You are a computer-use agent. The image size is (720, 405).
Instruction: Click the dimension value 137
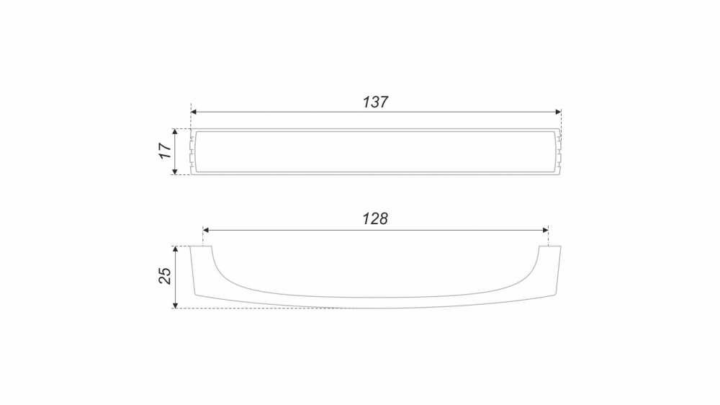pyautogui.click(x=376, y=102)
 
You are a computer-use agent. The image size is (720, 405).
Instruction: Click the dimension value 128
pyautogui.click(x=376, y=218)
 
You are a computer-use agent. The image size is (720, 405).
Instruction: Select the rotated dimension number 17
pyautogui.click(x=165, y=151)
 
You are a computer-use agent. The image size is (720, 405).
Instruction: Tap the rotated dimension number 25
pyautogui.click(x=165, y=276)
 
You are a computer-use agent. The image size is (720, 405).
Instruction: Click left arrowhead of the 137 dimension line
pyautogui.click(x=193, y=112)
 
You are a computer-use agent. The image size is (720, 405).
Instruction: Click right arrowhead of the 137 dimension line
pyautogui.click(x=559, y=112)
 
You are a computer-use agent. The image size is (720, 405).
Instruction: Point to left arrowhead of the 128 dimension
pyautogui.click(x=206, y=230)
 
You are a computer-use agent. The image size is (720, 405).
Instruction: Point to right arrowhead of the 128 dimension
pyautogui.click(x=546, y=230)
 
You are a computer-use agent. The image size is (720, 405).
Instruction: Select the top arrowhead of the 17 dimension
pyautogui.click(x=174, y=132)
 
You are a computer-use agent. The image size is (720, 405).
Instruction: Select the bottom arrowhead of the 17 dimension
pyautogui.click(x=174, y=172)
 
